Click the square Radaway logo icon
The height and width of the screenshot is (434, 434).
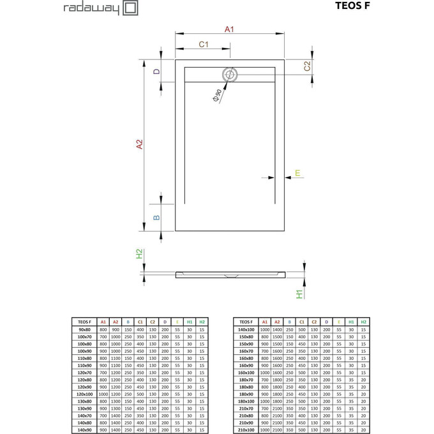coord(130,8)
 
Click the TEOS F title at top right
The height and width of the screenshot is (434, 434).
coord(351,7)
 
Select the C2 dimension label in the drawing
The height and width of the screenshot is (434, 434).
coord(307,66)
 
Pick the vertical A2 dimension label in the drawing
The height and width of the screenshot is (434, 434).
coord(139,145)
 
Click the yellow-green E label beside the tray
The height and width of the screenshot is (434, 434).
coord(297,174)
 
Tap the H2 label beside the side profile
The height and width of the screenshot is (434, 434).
coord(139,253)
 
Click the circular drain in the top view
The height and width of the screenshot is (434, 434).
coord(229,75)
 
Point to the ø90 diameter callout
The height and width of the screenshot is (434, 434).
coord(217,96)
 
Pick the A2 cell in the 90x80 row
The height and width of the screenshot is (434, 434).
coord(115,329)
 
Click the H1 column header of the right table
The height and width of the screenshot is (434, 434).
coord(351,321)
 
